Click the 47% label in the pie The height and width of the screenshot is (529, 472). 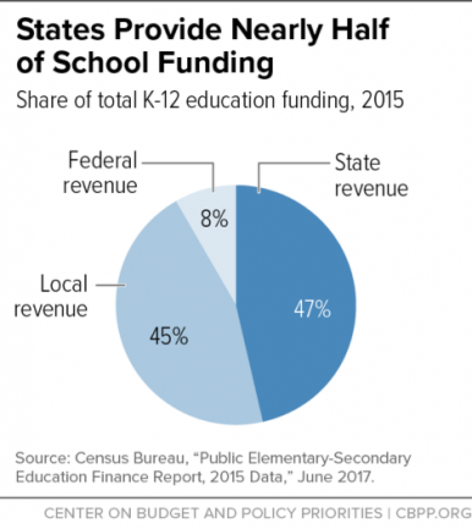(312, 310)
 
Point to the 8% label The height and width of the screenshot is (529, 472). (215, 220)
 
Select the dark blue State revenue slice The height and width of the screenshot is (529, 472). (300, 257)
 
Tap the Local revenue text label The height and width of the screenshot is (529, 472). (51, 296)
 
